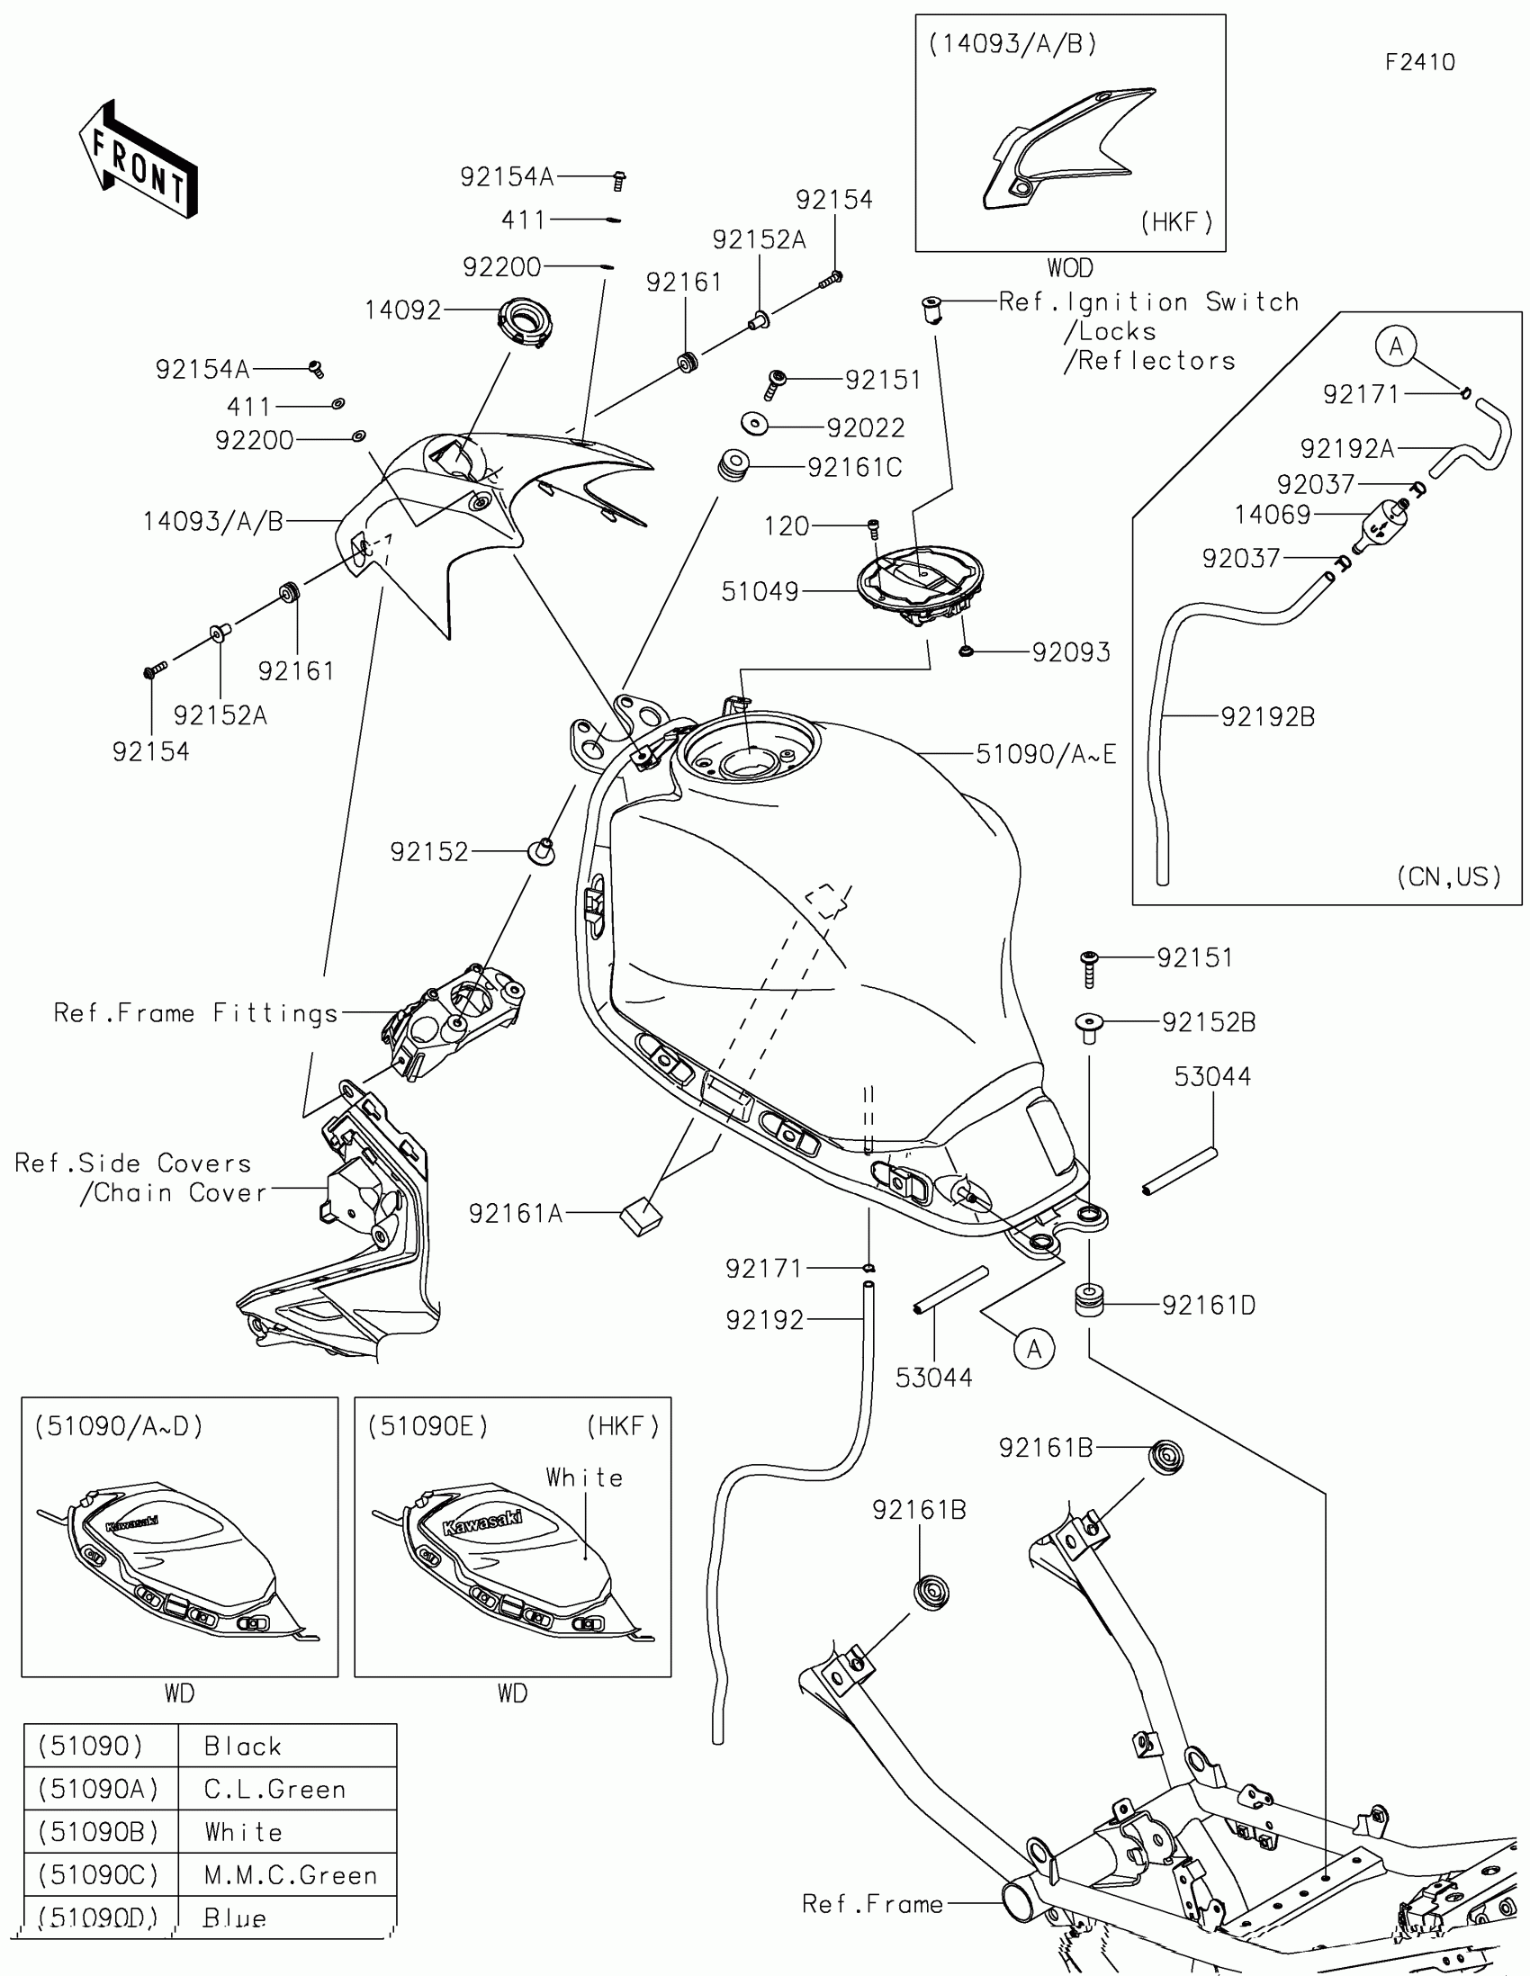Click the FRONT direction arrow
click(x=139, y=158)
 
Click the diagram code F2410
click(x=1419, y=62)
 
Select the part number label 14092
click(x=402, y=310)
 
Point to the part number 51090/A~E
click(x=1046, y=754)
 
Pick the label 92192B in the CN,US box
click(x=1267, y=716)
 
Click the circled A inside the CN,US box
click(x=1396, y=346)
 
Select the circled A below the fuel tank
click(x=1034, y=1349)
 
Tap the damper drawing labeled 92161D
click(x=1089, y=1300)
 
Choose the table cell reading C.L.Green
click(x=275, y=1790)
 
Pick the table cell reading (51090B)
click(x=99, y=1832)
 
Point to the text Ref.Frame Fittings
click(x=195, y=1013)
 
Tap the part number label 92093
click(x=1071, y=652)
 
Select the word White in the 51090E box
click(x=584, y=1478)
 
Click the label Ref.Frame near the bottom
click(x=872, y=1905)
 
